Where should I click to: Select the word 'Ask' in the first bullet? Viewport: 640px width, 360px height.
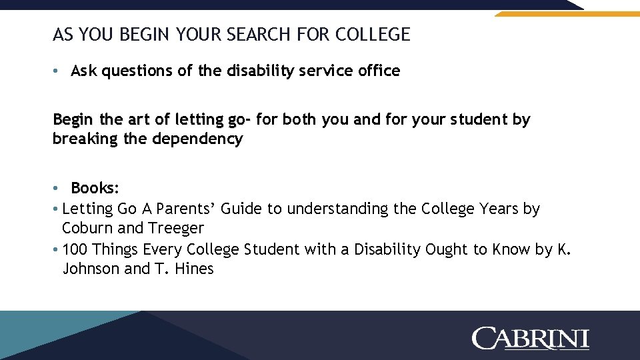coord(84,71)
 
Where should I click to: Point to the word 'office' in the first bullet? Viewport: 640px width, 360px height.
coord(379,71)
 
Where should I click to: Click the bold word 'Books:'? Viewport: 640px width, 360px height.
coord(95,187)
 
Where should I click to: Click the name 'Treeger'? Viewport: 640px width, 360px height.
coord(176,228)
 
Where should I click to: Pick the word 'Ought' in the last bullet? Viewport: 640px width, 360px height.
coord(447,249)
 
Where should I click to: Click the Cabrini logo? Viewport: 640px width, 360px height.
coord(531,338)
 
